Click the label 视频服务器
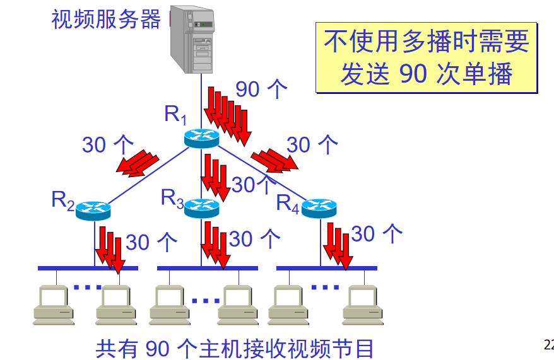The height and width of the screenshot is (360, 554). pos(106,20)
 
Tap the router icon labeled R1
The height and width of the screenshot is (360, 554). pos(201,138)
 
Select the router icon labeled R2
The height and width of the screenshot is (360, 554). pos(93,211)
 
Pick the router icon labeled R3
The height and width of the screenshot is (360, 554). pos(201,207)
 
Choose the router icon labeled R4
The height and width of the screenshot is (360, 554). pos(319,208)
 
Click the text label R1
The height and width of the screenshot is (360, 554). pos(175,115)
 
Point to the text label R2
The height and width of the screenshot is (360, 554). pos(63,201)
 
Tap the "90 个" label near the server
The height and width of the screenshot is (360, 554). pos(262,89)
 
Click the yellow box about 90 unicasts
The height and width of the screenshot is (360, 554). pos(427,58)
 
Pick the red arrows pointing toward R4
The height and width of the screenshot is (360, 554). pos(274,160)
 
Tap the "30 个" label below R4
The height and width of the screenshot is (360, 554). pos(377,234)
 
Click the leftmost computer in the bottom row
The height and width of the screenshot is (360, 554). pos(56,305)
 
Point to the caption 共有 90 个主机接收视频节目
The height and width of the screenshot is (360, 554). pos(235,347)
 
